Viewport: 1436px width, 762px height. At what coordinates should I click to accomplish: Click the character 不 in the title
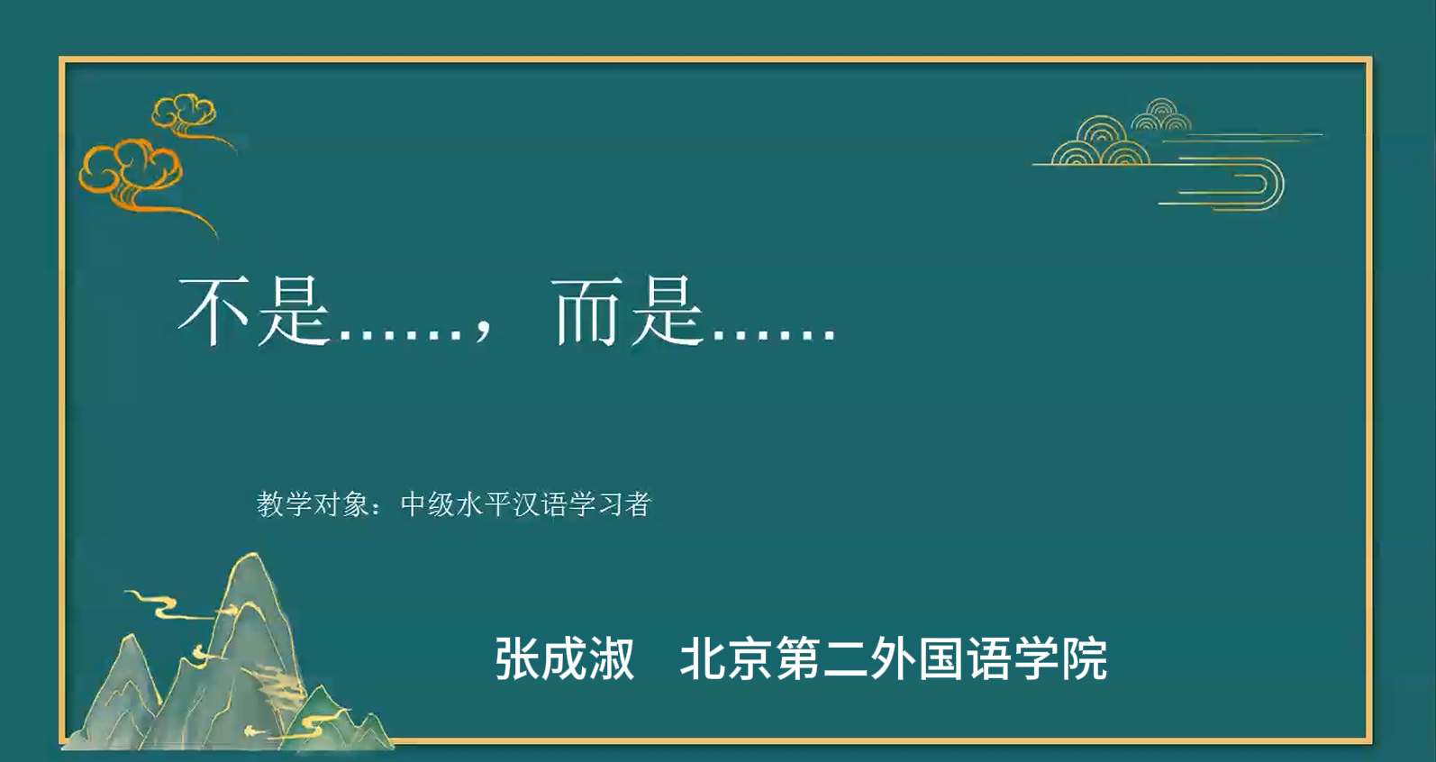[214, 312]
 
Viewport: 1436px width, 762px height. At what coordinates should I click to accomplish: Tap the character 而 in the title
[588, 313]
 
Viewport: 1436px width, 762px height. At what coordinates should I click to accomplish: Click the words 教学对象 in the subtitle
[313, 504]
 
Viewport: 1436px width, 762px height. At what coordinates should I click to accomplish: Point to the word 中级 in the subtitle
[428, 504]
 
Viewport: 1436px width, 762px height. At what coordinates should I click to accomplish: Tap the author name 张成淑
[565, 658]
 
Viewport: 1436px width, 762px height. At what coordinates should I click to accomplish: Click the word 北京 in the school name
[725, 658]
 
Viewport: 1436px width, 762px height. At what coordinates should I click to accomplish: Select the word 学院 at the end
[1059, 658]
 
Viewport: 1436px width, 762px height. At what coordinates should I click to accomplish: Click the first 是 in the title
[293, 313]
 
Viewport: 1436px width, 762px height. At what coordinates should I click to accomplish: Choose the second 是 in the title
[667, 313]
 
